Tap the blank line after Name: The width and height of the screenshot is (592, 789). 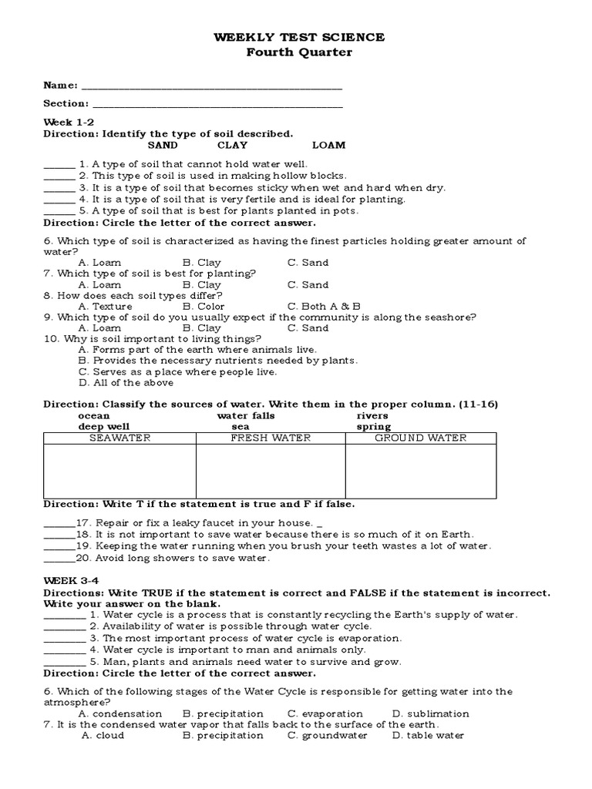(x=211, y=86)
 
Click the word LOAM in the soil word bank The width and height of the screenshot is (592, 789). (x=329, y=145)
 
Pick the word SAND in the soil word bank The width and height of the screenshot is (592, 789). (x=163, y=145)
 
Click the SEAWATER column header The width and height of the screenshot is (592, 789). (x=119, y=438)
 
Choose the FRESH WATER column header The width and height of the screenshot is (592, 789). (x=271, y=438)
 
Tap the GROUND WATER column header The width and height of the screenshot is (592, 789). (x=421, y=438)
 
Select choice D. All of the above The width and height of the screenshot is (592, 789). (x=126, y=382)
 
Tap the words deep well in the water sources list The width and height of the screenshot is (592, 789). (x=103, y=426)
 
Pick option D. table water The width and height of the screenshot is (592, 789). (x=428, y=735)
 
